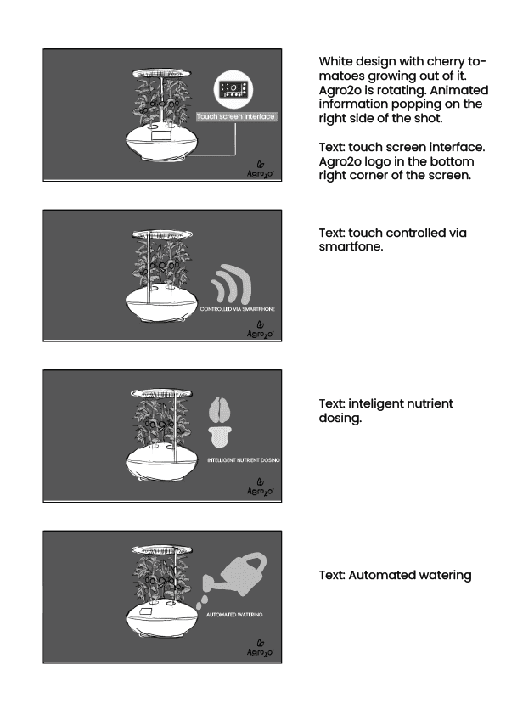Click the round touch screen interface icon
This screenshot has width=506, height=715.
click(233, 89)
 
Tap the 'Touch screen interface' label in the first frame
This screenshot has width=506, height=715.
click(236, 116)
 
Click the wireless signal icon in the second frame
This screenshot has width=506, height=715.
click(232, 284)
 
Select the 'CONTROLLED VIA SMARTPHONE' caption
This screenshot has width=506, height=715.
click(238, 309)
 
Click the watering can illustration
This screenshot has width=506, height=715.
click(235, 575)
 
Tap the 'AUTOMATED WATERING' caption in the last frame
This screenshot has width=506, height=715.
click(234, 615)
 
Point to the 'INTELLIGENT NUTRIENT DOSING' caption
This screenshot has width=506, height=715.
click(244, 460)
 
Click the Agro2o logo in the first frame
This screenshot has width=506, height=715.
click(261, 170)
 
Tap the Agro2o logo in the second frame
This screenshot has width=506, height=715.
click(261, 329)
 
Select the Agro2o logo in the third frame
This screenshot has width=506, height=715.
click(261, 487)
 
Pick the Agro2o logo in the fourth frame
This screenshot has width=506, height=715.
click(261, 648)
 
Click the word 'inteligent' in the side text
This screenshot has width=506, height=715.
click(370, 403)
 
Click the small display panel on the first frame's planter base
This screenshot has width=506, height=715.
click(161, 135)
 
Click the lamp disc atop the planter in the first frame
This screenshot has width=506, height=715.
click(161, 73)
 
